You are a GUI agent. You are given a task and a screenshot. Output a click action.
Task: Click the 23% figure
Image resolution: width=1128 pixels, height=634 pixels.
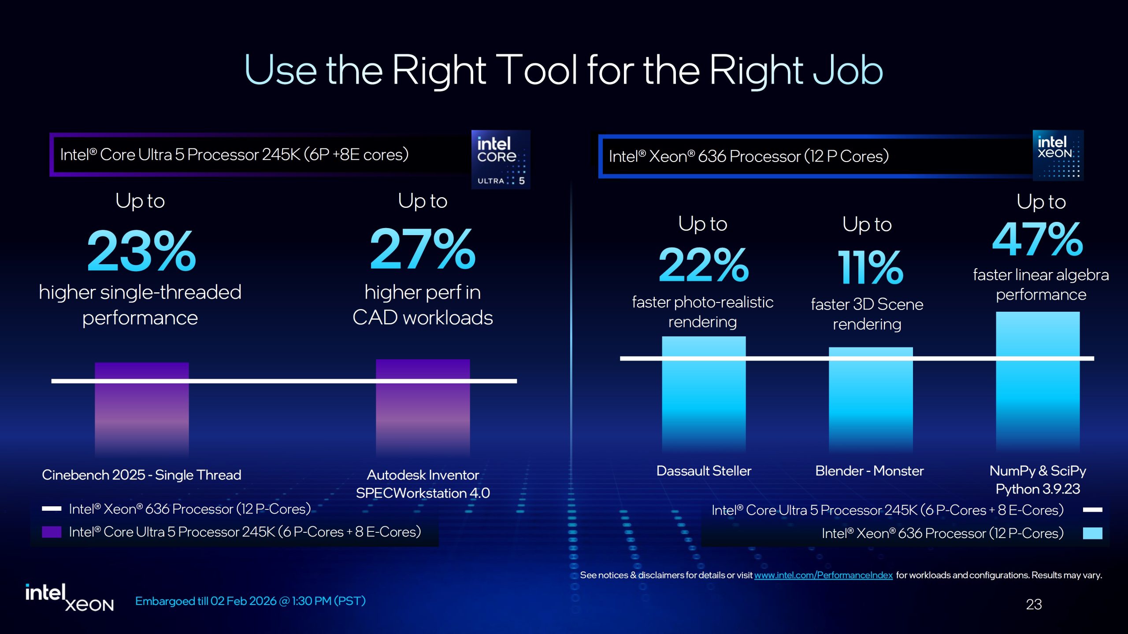tap(141, 251)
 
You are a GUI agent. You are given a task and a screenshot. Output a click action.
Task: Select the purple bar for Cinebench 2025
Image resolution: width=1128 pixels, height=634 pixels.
tap(141, 409)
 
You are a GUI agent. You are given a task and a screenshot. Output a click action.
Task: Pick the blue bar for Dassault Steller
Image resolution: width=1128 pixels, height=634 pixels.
tap(704, 394)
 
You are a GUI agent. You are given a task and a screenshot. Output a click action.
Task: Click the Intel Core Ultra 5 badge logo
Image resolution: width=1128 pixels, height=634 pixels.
tap(501, 159)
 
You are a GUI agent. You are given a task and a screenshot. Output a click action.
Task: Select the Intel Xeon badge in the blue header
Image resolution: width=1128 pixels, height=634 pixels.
tap(1058, 155)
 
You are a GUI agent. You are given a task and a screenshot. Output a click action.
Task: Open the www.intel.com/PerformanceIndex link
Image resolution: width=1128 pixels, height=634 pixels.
tap(823, 575)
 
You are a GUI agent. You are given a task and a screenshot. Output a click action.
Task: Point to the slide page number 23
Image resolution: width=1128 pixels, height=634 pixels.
tap(1034, 604)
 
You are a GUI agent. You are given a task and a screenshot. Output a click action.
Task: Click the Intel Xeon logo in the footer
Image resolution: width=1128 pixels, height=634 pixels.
tap(69, 597)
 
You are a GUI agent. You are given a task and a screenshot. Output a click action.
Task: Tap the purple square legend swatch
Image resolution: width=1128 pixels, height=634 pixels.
tap(51, 532)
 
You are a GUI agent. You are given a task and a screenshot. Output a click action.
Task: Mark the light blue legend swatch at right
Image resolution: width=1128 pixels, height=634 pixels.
tap(1092, 533)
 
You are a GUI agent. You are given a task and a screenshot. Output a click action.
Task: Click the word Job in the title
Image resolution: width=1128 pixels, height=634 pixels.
tap(848, 70)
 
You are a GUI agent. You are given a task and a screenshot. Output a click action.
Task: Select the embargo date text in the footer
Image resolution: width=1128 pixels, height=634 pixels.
tap(250, 601)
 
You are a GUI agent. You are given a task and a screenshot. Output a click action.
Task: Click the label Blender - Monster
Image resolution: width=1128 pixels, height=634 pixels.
tap(869, 471)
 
